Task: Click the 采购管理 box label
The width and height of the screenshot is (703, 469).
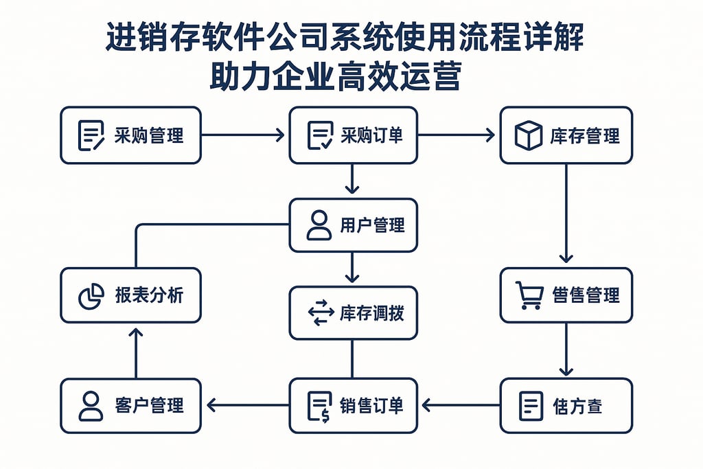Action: coord(149,135)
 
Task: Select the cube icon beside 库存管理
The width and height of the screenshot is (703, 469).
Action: coord(528,135)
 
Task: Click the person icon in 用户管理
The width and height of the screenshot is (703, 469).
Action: coord(319,225)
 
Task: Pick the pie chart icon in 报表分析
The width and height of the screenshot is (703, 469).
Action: coord(91,296)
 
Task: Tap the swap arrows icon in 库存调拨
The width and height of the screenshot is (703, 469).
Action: coord(321,313)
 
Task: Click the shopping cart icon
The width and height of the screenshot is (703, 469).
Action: coord(529,296)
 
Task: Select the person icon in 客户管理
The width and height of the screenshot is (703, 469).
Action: coord(91,405)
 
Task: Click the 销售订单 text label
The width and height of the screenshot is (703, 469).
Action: coord(371,405)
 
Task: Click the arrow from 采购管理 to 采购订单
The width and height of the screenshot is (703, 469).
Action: coord(244,135)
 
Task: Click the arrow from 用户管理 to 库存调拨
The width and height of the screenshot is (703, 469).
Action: coord(352,268)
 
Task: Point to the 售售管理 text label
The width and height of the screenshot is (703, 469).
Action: coord(586,296)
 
